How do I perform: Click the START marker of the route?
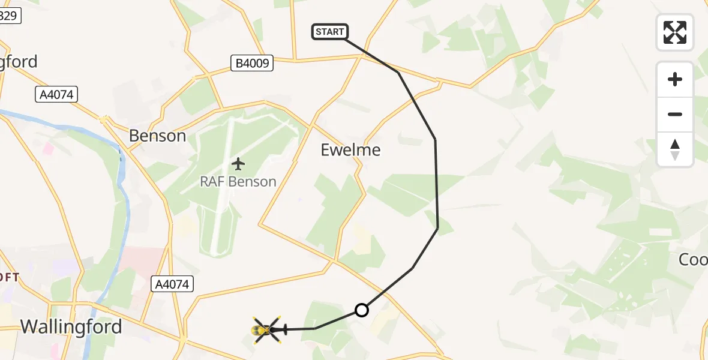click(330, 32)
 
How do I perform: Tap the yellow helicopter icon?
click(266, 329)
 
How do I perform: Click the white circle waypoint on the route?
click(361, 310)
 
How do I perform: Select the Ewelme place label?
click(351, 149)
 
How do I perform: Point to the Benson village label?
click(158, 136)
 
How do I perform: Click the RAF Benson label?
click(238, 181)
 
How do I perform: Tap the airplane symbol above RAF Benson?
click(238, 163)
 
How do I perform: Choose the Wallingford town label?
click(71, 326)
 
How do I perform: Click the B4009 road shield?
click(252, 62)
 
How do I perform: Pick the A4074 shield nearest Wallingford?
click(173, 284)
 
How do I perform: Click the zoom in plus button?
click(675, 79)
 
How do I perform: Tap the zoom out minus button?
click(675, 114)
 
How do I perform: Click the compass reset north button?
click(675, 149)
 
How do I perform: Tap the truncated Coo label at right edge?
click(693, 259)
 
